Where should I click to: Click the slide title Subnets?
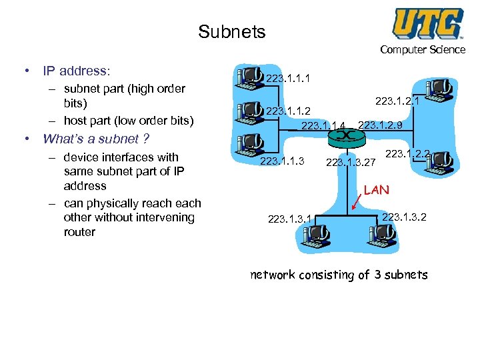point(231,31)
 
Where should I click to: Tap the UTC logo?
point(427,23)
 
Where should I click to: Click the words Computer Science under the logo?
point(423,49)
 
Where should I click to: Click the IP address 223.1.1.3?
point(281,161)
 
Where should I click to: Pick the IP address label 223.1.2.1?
point(397,101)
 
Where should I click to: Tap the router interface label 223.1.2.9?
point(380,124)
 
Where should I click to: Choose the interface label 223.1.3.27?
point(351,161)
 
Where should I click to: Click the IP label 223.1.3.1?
point(290,218)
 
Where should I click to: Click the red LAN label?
point(376,190)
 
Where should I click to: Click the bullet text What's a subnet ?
point(95,139)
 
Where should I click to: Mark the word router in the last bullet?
point(79,232)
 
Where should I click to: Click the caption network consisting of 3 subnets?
point(339,275)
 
